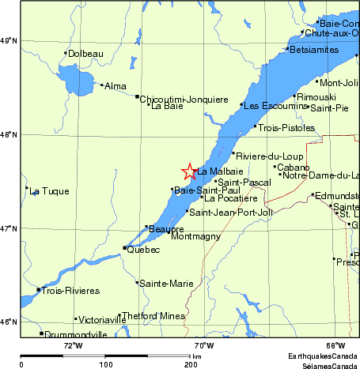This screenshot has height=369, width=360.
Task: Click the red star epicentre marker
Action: (x=189, y=171)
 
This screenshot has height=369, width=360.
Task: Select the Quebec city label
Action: (x=144, y=250)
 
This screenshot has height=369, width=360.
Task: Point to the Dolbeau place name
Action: (x=87, y=55)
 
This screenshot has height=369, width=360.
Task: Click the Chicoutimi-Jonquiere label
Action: (x=179, y=100)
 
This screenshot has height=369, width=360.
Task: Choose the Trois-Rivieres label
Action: (x=71, y=291)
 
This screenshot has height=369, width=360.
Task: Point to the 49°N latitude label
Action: (x=9, y=40)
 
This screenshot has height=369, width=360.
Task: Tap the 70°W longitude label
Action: (x=204, y=345)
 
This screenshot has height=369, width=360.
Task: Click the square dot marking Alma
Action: (x=102, y=85)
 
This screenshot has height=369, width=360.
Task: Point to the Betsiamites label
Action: (x=313, y=50)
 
